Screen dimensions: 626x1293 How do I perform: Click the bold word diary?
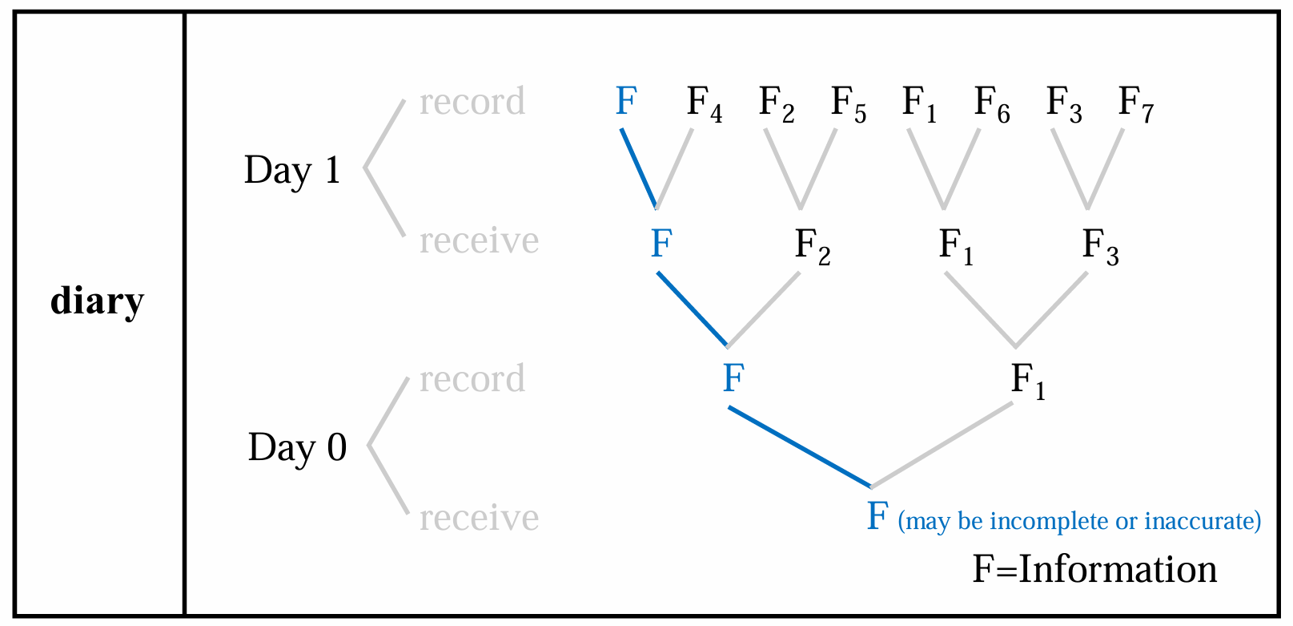click(97, 301)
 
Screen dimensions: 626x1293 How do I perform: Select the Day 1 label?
click(292, 171)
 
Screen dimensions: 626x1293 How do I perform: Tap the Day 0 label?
click(297, 447)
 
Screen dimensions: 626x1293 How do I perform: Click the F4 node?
click(704, 104)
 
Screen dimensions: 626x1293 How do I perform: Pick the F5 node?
click(848, 104)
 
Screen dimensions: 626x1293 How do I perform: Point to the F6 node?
click(991, 104)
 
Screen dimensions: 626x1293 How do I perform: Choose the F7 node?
click(1135, 104)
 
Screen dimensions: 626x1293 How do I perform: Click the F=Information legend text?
click(1094, 569)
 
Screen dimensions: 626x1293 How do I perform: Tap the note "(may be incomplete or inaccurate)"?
click(1079, 521)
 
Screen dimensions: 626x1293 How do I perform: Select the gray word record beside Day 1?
click(472, 102)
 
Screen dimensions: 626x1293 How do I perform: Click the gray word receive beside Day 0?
click(479, 518)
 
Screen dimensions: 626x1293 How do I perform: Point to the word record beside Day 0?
click(472, 379)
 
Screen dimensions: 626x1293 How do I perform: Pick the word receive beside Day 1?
click(479, 240)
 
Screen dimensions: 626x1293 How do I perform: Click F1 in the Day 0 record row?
click(1028, 381)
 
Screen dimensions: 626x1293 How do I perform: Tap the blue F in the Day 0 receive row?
click(877, 516)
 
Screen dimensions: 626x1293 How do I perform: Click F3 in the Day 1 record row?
click(1063, 104)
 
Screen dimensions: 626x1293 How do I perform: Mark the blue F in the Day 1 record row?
click(626, 102)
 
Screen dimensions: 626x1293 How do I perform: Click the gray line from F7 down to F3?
click(1106, 168)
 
